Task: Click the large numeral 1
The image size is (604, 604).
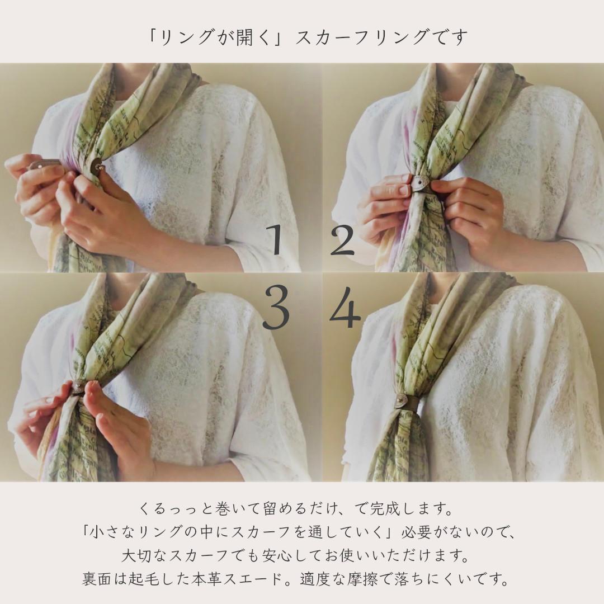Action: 276,240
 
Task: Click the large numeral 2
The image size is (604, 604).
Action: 342,240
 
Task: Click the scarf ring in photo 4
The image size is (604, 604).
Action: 407,402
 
